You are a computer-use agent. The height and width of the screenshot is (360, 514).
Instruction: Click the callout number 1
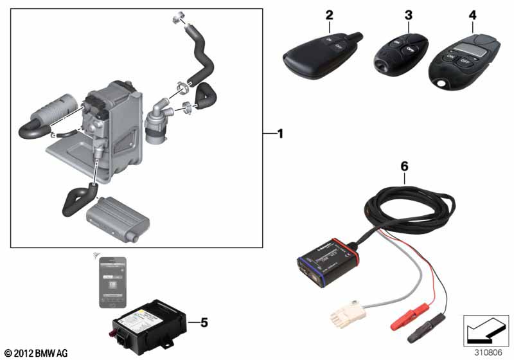[x=279, y=134]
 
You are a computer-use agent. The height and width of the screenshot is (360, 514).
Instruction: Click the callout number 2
[x=330, y=14]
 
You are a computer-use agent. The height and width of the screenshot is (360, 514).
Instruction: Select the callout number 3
[x=407, y=15]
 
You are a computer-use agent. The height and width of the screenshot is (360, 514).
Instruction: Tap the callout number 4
[x=473, y=14]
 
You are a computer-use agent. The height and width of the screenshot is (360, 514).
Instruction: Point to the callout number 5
[x=204, y=322]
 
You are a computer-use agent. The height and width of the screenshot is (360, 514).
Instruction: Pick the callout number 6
[x=404, y=166]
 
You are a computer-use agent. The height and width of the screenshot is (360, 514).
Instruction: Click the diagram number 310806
[x=489, y=352]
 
